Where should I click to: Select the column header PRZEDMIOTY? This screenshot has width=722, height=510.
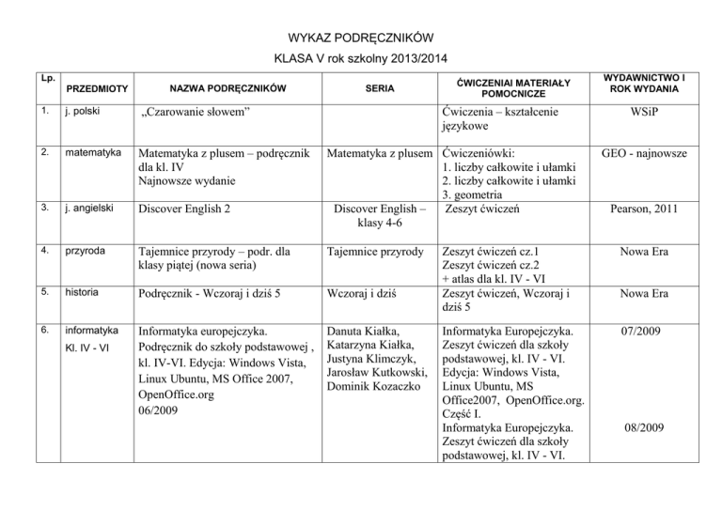[x=96, y=89]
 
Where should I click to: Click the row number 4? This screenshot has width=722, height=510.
[x=34, y=251]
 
